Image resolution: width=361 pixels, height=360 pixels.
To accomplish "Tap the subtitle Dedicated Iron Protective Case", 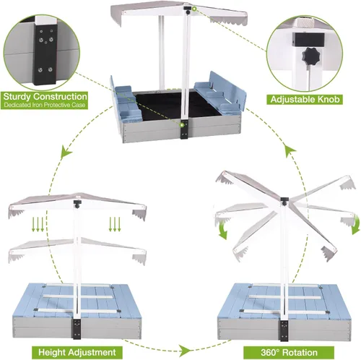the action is (45, 105).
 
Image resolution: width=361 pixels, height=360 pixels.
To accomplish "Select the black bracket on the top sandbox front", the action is (184, 129).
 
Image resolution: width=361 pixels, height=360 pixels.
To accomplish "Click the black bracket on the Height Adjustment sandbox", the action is (77, 329).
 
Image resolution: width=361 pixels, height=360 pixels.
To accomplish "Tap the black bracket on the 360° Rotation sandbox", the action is (284, 330).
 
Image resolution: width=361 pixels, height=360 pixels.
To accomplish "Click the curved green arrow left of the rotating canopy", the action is (223, 231).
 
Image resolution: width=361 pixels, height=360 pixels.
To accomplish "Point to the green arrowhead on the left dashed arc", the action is (66, 152).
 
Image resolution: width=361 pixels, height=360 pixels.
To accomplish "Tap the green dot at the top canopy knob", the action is (194, 9).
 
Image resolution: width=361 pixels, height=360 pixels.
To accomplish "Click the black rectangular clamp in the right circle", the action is (308, 40).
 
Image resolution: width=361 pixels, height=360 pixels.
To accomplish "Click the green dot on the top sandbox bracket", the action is (182, 125).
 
